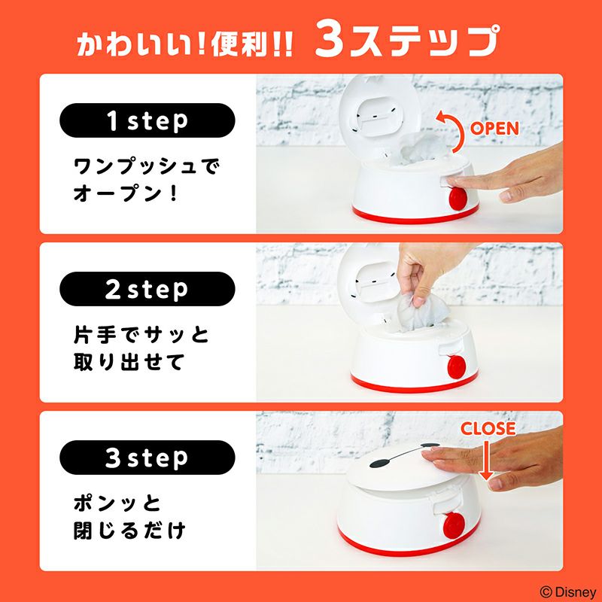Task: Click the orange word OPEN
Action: click(494, 128)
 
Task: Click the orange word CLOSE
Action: click(488, 429)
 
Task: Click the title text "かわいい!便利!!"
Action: click(185, 44)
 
